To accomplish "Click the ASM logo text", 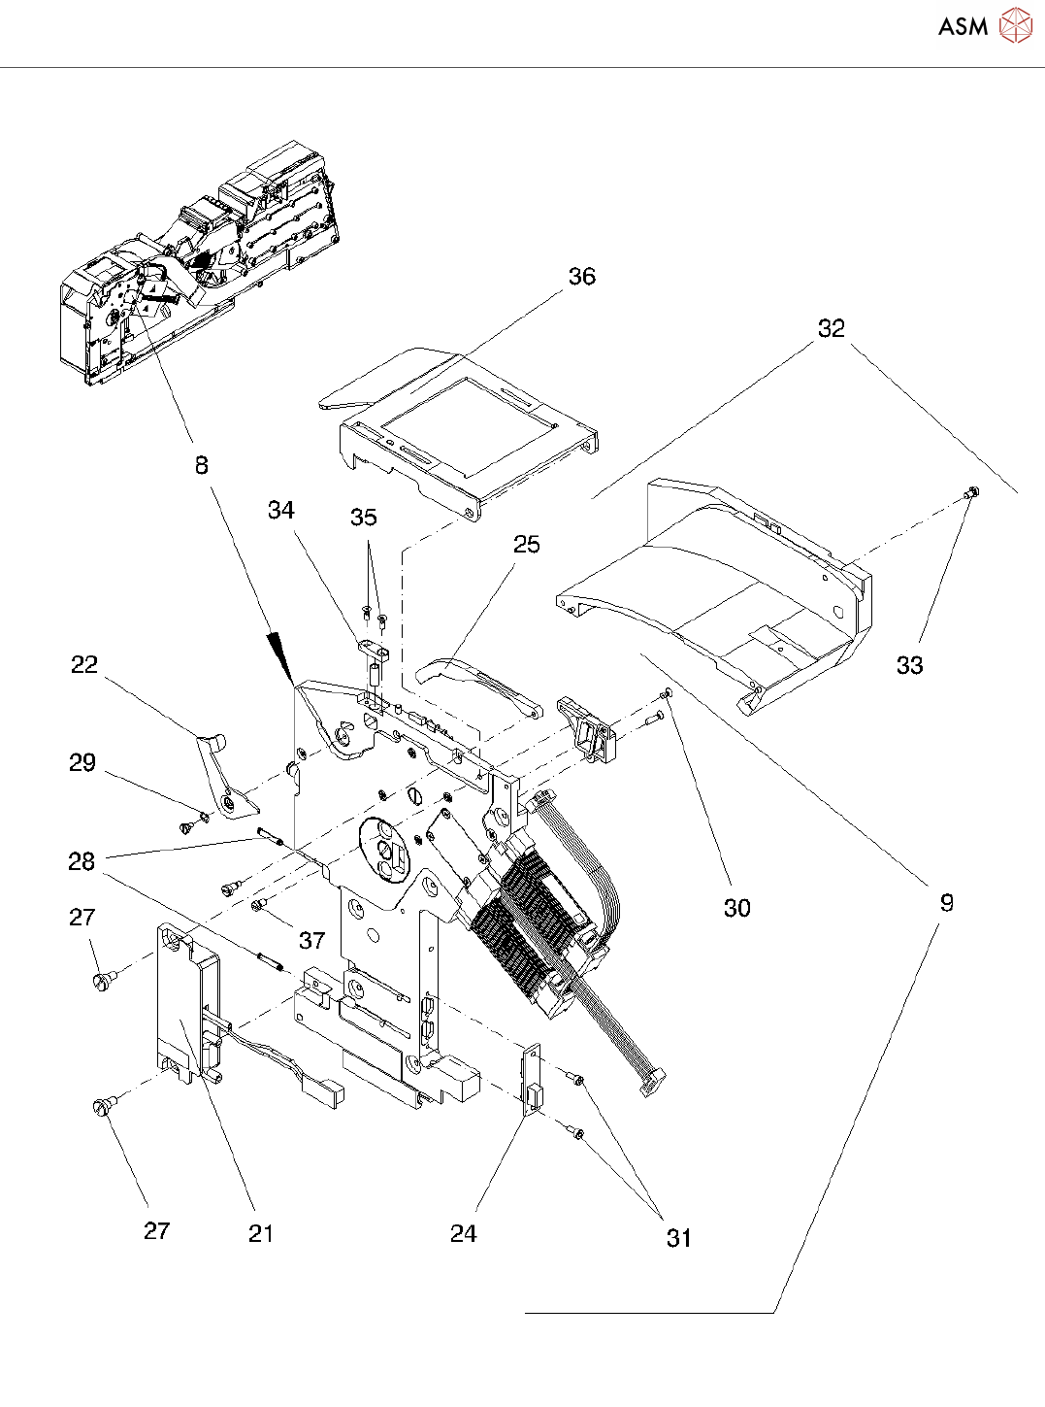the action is tap(963, 26).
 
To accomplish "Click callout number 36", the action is tap(581, 277).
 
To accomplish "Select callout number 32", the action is tap(832, 328).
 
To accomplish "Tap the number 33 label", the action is tap(909, 665).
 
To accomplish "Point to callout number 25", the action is tap(526, 545).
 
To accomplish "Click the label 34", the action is tap(281, 510).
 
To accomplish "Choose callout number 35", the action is tap(364, 518).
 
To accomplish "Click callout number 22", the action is tap(84, 665).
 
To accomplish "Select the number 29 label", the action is tap(82, 762).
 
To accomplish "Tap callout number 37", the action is tap(312, 941).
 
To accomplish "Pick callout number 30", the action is tap(737, 909).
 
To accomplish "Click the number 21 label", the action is tap(261, 1234).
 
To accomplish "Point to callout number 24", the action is tap(464, 1234).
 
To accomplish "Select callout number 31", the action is tap(679, 1238).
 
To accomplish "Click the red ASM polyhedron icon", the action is tap(1016, 25).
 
